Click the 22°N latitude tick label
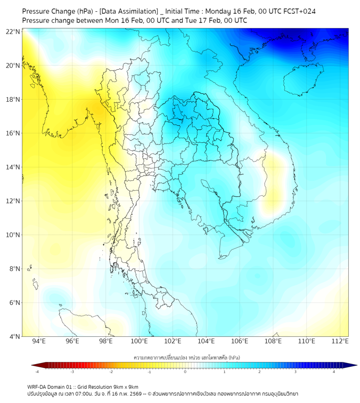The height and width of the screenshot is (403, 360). (x=13, y=31)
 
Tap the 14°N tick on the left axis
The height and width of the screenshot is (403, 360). (x=13, y=167)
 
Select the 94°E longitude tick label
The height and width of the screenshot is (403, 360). (x=39, y=341)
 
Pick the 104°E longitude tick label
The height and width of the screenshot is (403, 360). (x=206, y=341)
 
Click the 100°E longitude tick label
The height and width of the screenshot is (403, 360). (x=139, y=341)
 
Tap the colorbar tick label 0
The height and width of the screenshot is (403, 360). (x=185, y=372)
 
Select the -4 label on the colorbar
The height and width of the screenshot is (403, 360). (x=36, y=372)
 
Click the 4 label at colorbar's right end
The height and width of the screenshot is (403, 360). (x=334, y=372)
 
